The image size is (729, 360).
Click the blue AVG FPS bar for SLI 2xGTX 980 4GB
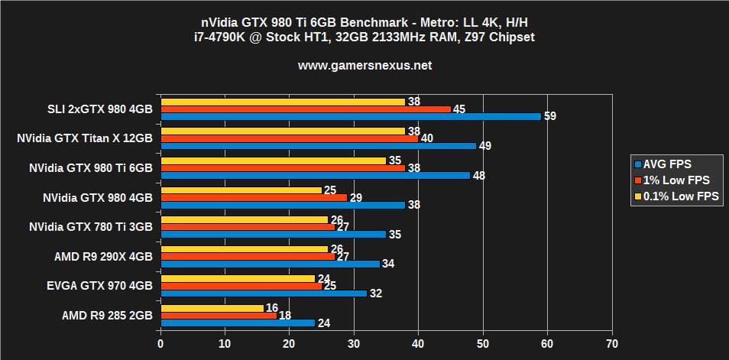point(351,117)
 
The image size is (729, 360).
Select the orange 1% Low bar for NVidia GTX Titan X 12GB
point(290,138)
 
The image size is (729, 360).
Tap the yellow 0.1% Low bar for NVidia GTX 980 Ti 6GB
point(274,161)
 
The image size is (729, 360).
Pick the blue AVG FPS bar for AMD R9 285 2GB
point(238,323)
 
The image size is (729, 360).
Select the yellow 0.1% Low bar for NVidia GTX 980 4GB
point(241,190)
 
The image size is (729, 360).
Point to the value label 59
point(550,117)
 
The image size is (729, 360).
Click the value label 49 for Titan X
point(485,146)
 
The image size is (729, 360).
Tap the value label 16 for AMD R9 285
point(271,307)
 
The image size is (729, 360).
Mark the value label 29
point(355,198)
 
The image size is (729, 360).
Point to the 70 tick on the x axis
point(611,344)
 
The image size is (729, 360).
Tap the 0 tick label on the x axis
point(160,344)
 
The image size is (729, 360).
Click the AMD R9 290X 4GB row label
point(103,257)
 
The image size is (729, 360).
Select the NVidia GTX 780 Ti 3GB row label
point(91,227)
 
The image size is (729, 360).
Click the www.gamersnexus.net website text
point(364,66)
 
